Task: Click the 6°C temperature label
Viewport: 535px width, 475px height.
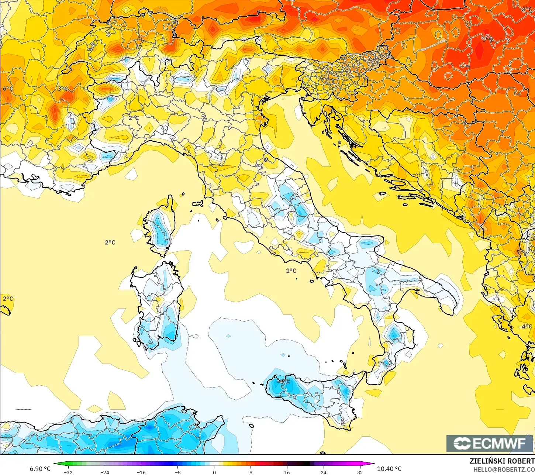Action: pos(8,89)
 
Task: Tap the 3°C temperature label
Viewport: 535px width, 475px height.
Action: pos(63,89)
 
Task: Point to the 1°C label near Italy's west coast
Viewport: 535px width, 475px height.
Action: pos(291,271)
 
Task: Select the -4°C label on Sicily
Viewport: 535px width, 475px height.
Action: pos(283,381)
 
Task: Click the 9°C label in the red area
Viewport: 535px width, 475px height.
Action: pos(487,39)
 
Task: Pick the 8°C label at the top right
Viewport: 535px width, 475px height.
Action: pos(527,10)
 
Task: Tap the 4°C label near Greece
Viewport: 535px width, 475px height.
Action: pos(527,327)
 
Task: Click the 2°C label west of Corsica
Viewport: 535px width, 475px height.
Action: pos(110,242)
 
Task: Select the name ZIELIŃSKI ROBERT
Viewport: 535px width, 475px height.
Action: pos(502,461)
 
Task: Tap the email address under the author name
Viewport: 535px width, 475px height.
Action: pos(504,469)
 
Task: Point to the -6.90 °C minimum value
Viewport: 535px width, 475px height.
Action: pos(39,469)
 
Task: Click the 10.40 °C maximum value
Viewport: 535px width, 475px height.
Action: pos(389,469)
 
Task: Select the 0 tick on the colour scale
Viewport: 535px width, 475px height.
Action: pos(214,472)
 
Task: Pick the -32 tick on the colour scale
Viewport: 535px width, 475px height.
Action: pos(68,472)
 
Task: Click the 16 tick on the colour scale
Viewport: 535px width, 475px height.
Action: pos(287,472)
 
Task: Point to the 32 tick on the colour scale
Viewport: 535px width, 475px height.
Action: pos(360,472)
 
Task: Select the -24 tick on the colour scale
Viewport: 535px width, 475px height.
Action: pos(105,472)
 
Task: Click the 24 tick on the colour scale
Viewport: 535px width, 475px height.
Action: pos(323,472)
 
